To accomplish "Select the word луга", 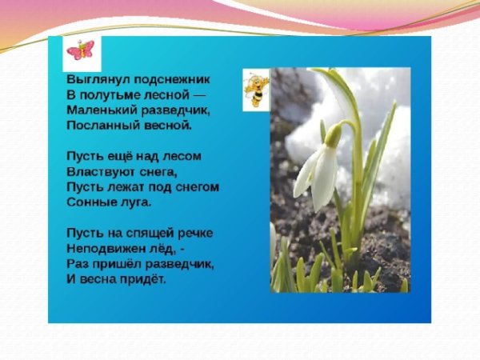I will [136, 202].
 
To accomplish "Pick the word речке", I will [195, 232].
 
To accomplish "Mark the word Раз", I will [79, 262].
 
